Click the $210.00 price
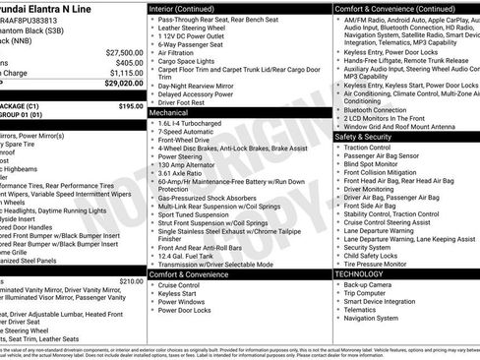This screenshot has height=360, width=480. (x=131, y=253)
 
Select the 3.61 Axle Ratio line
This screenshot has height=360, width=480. (x=179, y=172)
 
